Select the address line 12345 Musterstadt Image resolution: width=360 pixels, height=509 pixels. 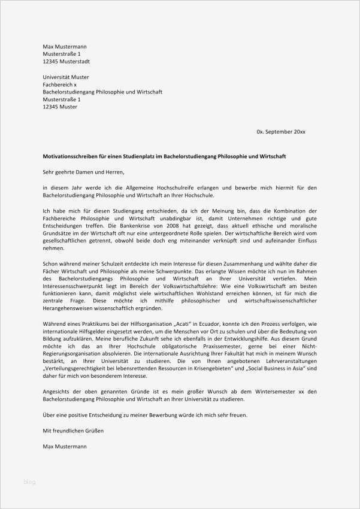tap(66, 62)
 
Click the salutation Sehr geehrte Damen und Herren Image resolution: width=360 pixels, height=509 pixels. tap(83, 172)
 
